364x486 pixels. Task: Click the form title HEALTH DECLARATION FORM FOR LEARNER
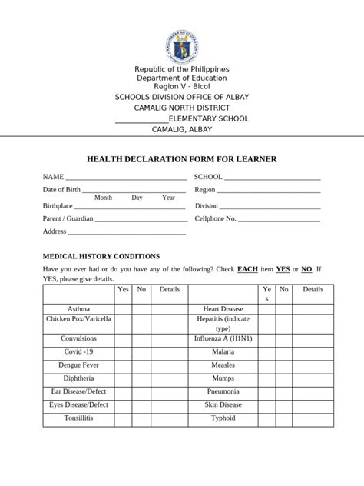click(182, 159)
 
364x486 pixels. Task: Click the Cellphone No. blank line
click(279, 221)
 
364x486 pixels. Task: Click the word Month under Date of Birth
click(103, 198)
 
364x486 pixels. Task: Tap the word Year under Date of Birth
click(168, 198)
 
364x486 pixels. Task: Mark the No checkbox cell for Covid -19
click(141, 351)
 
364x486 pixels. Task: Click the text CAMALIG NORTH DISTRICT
click(182, 108)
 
